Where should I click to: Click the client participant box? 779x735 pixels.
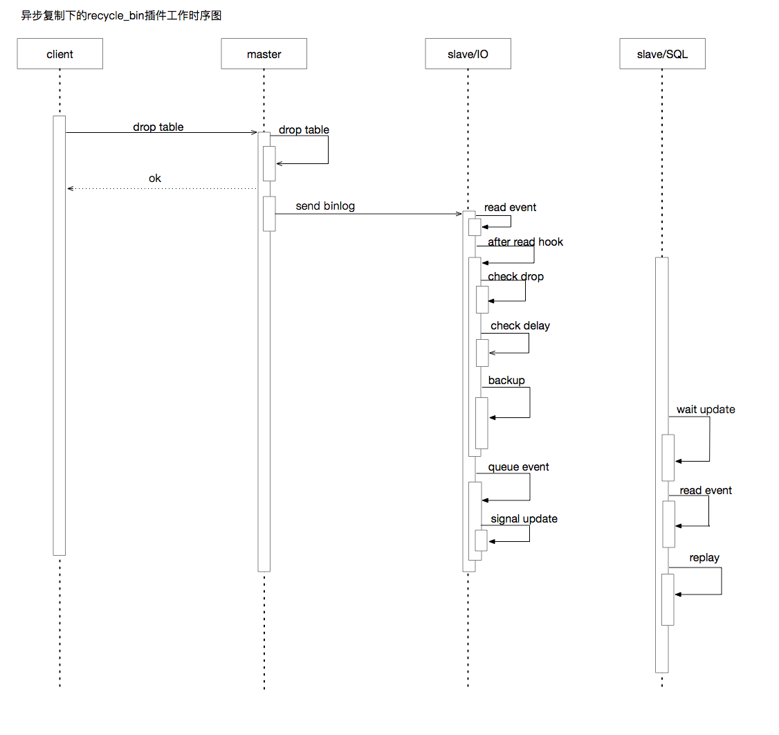point(59,54)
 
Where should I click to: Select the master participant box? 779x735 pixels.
point(264,54)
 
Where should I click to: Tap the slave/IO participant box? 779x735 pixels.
point(468,54)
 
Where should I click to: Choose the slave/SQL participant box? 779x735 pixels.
point(662,54)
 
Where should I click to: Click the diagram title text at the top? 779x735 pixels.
point(121,15)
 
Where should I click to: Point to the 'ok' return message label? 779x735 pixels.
point(155,179)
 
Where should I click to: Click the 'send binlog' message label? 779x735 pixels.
point(325,206)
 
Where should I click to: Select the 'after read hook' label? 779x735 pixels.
point(525,242)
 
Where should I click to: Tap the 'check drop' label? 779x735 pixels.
point(515,277)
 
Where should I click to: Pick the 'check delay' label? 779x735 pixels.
point(520,326)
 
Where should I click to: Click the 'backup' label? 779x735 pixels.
point(506,381)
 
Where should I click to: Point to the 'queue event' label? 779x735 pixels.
point(518,467)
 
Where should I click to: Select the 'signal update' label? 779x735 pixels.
point(524,519)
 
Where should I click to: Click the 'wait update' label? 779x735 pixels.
point(706,410)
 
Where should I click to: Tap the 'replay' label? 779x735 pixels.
point(704,558)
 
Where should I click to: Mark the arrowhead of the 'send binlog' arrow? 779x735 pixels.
point(459,214)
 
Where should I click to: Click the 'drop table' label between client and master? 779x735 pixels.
point(158,127)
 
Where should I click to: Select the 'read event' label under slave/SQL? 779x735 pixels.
point(706,491)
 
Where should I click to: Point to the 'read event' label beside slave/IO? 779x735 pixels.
point(510,208)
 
